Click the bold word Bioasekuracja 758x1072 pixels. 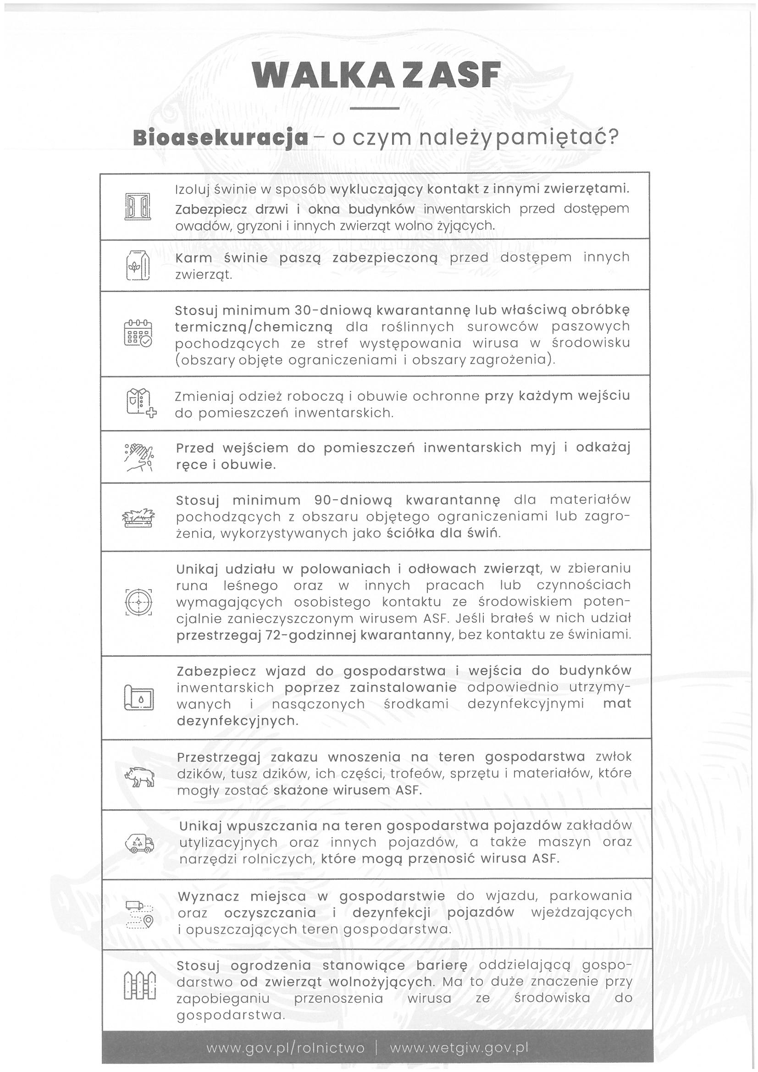[221, 138]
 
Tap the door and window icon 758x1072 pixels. [138, 206]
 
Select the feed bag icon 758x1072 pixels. [138, 265]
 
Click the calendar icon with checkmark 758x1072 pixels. [138, 333]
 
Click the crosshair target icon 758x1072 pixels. [138, 602]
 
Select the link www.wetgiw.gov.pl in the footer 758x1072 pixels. [459, 1048]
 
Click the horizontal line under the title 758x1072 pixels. [374, 108]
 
